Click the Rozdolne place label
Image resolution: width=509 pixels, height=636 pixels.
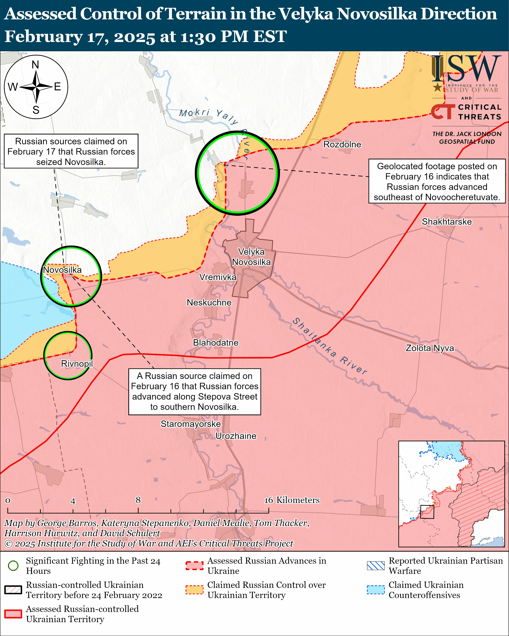point(342,145)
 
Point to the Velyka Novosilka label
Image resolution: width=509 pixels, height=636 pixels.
point(251,257)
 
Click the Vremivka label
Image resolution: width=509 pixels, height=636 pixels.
point(218,277)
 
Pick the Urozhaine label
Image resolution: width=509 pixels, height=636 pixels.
point(236,436)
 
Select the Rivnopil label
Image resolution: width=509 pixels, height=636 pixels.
point(77,364)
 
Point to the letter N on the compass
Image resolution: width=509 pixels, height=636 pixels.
point(35,65)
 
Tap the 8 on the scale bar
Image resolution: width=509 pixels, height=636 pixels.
point(138,500)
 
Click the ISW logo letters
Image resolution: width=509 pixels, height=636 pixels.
point(466,69)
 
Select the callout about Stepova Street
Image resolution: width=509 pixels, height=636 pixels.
point(194,392)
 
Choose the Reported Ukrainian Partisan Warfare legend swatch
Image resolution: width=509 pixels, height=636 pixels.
point(376,565)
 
